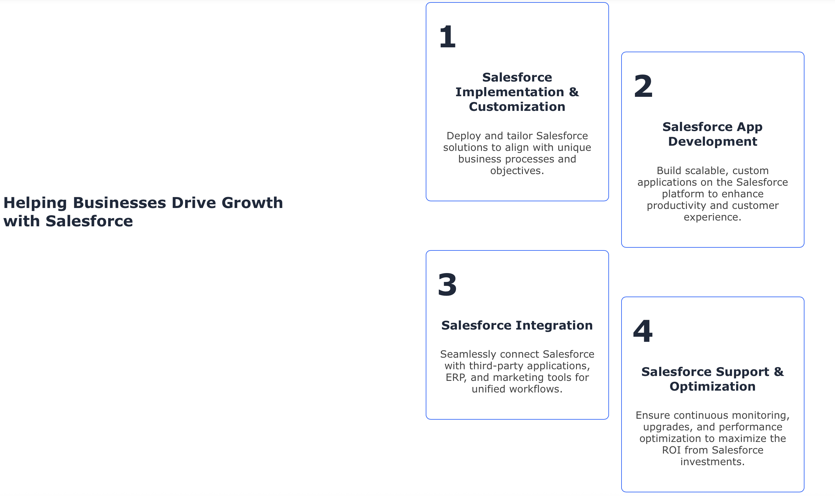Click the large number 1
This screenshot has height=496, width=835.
coord(448,36)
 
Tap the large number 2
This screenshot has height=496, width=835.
coord(643,86)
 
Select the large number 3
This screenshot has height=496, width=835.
coord(447,284)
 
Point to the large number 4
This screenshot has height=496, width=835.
coord(643,331)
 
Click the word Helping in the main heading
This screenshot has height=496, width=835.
coord(35,203)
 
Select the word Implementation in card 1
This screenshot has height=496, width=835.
coord(509,92)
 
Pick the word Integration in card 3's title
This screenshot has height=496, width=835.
coord(554,326)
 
